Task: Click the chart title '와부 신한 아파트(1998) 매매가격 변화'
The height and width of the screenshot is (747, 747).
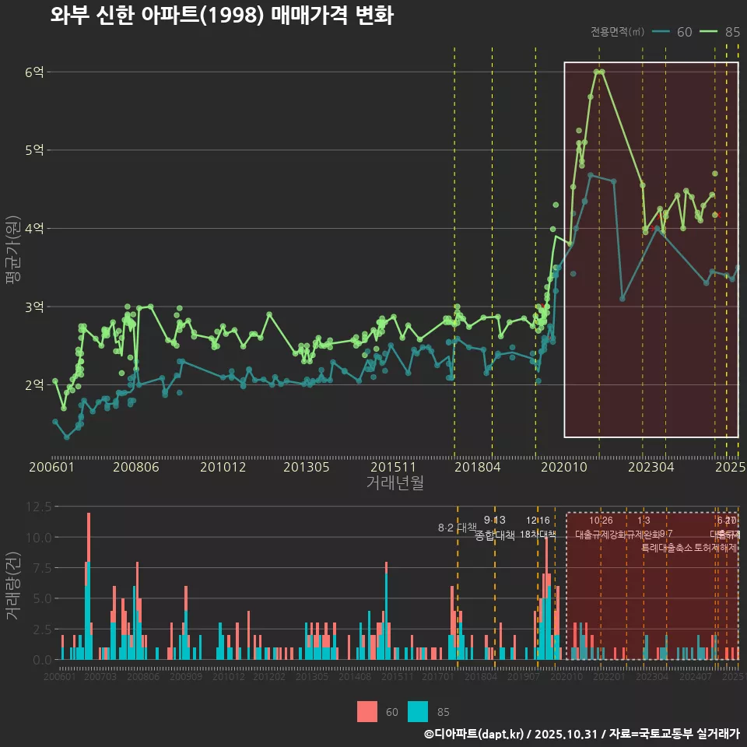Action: [x=222, y=16]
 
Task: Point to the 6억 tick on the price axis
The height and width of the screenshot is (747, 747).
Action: [x=34, y=72]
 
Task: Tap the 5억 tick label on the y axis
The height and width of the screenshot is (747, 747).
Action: [x=34, y=150]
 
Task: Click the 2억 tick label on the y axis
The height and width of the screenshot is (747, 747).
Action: [x=34, y=385]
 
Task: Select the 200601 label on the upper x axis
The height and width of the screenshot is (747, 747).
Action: [x=51, y=468]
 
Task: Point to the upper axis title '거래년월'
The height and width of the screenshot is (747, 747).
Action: [x=395, y=483]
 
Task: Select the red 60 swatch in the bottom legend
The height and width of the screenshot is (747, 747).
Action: [x=367, y=711]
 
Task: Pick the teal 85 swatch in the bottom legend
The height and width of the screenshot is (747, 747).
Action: [x=418, y=711]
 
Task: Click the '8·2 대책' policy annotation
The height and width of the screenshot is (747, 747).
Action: [x=457, y=528]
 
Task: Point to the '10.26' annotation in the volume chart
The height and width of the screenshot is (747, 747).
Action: [x=601, y=521]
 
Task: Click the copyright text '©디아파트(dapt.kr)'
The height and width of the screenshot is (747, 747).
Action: [x=475, y=734]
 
